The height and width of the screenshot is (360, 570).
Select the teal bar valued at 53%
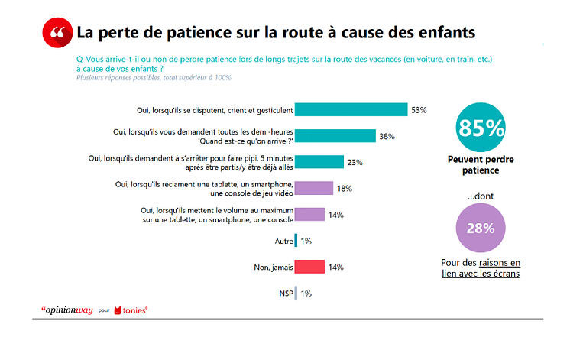pyautogui.click(x=351, y=109)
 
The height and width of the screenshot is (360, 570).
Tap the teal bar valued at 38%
pyautogui.click(x=335, y=136)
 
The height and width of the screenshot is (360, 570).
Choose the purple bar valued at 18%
pyautogui.click(x=313, y=188)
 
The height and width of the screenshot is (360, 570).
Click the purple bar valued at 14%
pyautogui.click(x=309, y=215)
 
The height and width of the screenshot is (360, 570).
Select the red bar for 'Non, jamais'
pyautogui.click(x=309, y=267)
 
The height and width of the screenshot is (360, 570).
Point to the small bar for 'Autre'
pyautogui.click(x=296, y=241)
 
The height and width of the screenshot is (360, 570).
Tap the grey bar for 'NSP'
pyautogui.click(x=296, y=293)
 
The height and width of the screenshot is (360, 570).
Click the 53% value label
pyautogui.click(x=419, y=110)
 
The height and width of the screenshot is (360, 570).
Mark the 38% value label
pyautogui.click(x=387, y=136)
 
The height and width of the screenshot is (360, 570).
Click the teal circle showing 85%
pyautogui.click(x=481, y=127)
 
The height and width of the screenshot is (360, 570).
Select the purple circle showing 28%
pyautogui.click(x=481, y=229)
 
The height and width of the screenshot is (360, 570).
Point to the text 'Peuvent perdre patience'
pyautogui.click(x=481, y=165)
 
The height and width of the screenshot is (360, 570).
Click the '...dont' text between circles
pyautogui.click(x=481, y=196)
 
